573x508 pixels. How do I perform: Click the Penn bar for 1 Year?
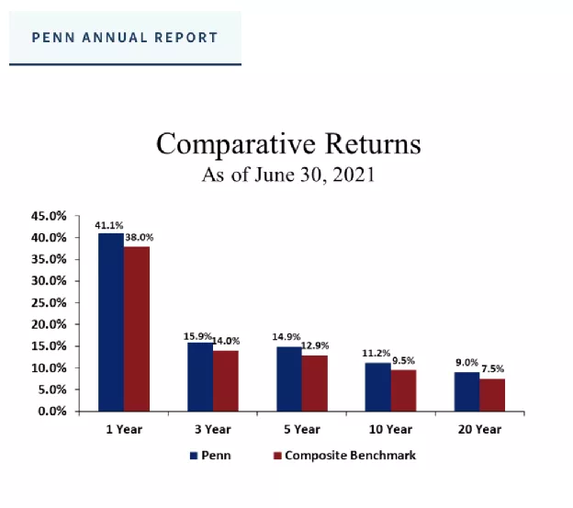click(111, 322)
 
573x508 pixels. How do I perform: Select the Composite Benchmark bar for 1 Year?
click(137, 328)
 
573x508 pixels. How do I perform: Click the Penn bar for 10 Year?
click(377, 387)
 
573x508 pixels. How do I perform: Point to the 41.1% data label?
click(109, 224)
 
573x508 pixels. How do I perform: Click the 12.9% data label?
click(315, 345)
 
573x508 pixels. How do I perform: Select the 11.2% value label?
click(376, 353)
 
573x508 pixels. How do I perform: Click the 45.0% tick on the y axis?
click(50, 216)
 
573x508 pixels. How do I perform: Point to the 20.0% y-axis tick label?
click(50, 324)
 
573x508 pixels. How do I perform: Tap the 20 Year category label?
click(478, 429)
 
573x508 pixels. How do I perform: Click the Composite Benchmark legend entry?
click(343, 456)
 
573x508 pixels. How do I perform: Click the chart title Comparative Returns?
click(288, 144)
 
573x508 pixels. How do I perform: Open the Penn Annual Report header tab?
click(125, 38)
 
